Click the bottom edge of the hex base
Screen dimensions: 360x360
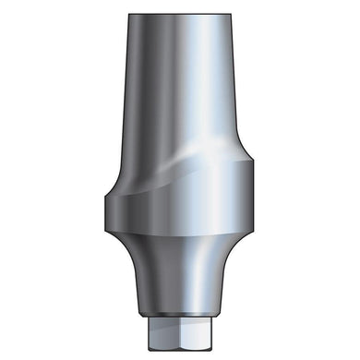pos(179,348)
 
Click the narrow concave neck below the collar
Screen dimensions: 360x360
pos(179,277)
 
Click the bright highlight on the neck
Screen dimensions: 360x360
pos(194,277)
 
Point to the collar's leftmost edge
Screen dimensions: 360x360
pos(104,208)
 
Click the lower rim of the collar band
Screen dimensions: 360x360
pos(179,237)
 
